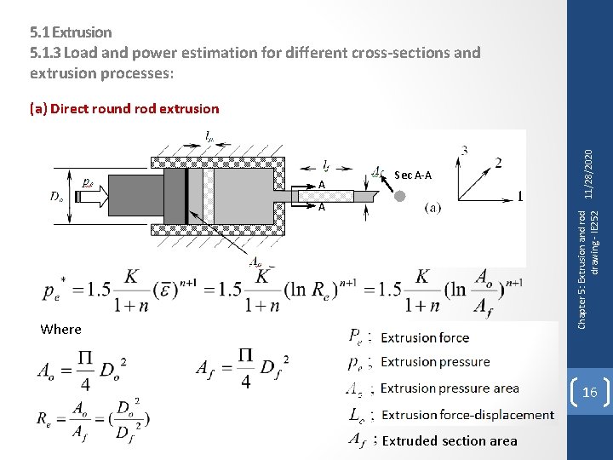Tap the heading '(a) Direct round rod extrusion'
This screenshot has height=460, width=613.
(x=124, y=109)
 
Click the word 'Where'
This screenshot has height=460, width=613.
(x=60, y=330)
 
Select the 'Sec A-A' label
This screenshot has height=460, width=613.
(x=413, y=175)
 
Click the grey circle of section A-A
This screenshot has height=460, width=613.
(x=399, y=196)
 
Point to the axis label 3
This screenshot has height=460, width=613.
(x=463, y=151)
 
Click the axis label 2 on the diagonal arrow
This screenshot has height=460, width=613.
(x=498, y=163)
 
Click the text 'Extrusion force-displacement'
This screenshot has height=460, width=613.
(x=467, y=415)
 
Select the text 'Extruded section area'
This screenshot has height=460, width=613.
(x=450, y=440)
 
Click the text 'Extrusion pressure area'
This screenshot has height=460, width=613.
(x=450, y=388)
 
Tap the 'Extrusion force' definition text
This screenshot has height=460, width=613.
(x=425, y=337)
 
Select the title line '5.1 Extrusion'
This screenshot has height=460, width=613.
(x=71, y=32)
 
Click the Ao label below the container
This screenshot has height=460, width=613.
(x=255, y=262)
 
